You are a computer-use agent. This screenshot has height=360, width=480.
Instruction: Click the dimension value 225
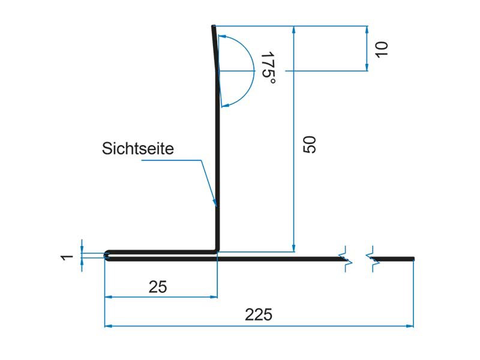[x=259, y=314]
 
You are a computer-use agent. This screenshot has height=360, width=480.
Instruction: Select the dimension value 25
[x=157, y=286]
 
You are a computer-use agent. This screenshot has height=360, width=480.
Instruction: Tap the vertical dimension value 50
[x=309, y=145]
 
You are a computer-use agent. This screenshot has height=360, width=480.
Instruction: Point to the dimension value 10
[x=382, y=49]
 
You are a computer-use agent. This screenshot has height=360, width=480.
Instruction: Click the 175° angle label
[x=267, y=68]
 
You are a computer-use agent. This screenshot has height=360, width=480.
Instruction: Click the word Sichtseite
[x=138, y=148]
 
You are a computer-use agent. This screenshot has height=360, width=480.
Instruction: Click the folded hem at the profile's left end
[x=108, y=256]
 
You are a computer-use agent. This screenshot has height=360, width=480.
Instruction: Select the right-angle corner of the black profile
[x=217, y=252]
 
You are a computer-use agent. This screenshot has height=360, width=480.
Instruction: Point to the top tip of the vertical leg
[x=213, y=27]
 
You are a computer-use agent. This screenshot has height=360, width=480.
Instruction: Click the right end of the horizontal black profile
[x=413, y=259]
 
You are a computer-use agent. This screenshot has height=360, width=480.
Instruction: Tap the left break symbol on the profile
[x=346, y=259]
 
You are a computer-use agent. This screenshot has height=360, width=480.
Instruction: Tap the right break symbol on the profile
[x=371, y=259]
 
